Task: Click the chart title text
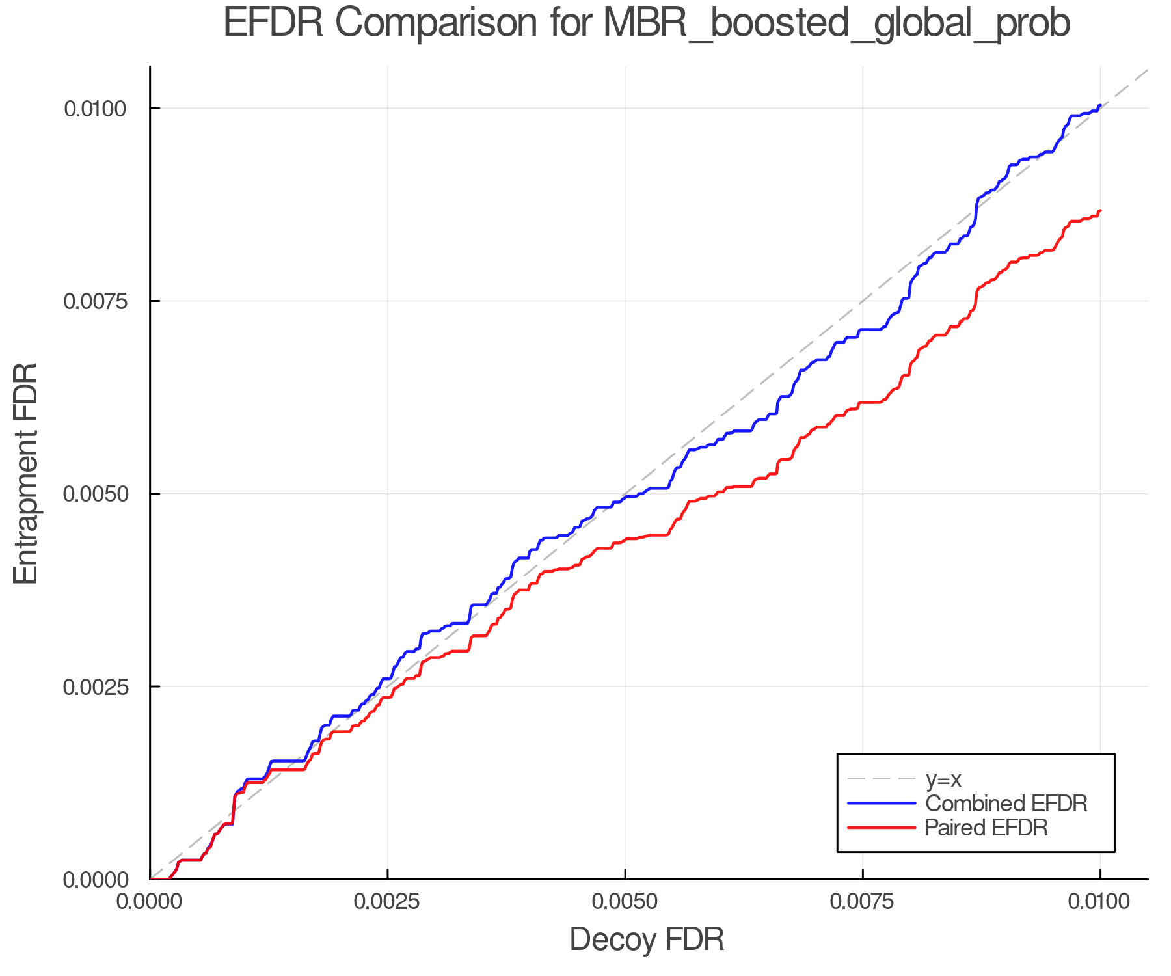(647, 23)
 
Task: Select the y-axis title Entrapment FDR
(26, 474)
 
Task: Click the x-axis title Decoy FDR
(647, 940)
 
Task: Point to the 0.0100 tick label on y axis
(95, 109)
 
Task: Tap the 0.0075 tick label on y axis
(95, 301)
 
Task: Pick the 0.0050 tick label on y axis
(95, 494)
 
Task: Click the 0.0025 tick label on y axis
(95, 687)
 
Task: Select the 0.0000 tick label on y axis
(95, 880)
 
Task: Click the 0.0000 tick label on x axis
(150, 902)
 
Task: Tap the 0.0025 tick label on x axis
(388, 902)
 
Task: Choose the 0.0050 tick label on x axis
(625, 902)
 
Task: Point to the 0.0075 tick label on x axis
(863, 902)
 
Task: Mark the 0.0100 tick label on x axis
(1100, 902)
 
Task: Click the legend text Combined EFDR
(1006, 804)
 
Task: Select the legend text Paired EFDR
(986, 828)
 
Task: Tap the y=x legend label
(943, 779)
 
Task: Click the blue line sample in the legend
(882, 804)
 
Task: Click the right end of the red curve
(1099, 211)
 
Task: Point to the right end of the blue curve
(1099, 105)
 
